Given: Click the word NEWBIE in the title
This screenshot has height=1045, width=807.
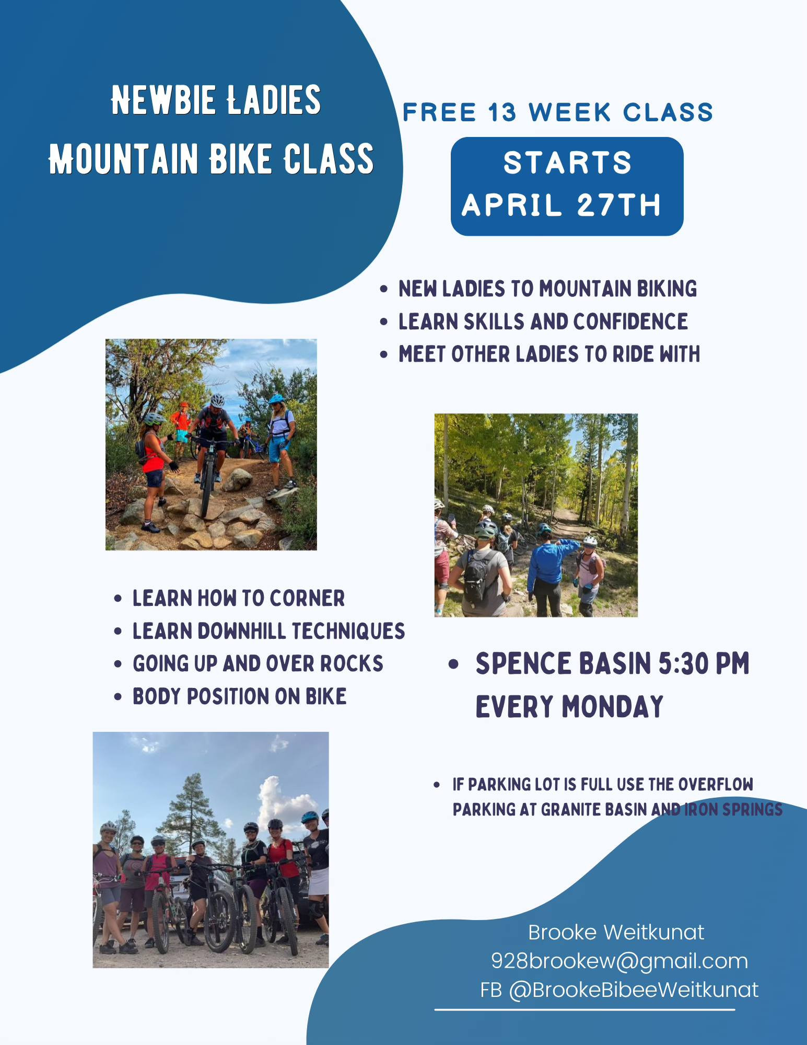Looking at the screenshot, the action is click(x=163, y=100).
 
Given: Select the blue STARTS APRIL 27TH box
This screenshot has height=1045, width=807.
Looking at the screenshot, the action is click(x=567, y=186).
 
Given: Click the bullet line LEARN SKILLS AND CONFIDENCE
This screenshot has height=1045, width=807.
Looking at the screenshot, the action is click(x=543, y=321).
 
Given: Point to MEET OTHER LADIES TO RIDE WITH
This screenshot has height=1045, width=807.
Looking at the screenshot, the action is click(x=549, y=354).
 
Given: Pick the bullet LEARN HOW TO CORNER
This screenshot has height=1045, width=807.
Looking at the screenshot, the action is click(x=239, y=598).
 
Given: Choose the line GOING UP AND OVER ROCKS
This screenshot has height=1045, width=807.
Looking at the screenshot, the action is click(x=258, y=663).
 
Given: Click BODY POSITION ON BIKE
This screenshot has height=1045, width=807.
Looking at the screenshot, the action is click(x=240, y=696).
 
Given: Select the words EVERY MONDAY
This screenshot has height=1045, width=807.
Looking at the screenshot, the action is click(x=569, y=707).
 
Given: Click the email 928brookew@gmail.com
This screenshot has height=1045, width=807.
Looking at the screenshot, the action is click(x=619, y=961).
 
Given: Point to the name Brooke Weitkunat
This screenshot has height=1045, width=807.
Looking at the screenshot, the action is click(x=616, y=932).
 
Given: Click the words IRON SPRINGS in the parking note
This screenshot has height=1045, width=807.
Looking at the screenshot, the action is click(x=733, y=809).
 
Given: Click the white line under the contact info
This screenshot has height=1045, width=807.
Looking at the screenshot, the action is click(x=584, y=1009).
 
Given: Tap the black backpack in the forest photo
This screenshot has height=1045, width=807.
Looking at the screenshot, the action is click(x=478, y=575).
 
